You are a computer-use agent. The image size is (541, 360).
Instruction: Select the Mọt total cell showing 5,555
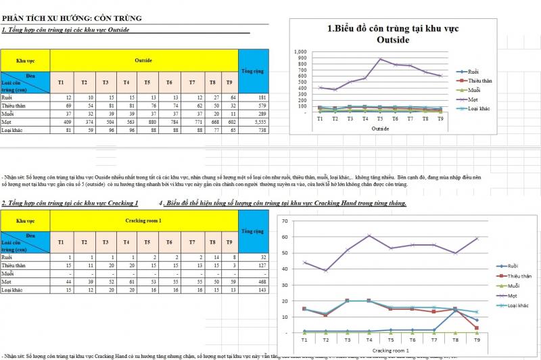254,122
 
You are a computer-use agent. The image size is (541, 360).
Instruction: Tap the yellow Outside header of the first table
143,61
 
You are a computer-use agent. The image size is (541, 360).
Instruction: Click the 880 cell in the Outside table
147,122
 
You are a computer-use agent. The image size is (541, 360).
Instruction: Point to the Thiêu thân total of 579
254,106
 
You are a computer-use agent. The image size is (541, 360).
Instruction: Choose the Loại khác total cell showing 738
254,131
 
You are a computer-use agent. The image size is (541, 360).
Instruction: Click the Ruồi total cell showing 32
254,258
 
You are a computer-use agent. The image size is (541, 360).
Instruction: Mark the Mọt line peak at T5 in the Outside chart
380,59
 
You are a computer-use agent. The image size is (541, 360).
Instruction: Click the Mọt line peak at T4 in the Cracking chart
369,235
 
